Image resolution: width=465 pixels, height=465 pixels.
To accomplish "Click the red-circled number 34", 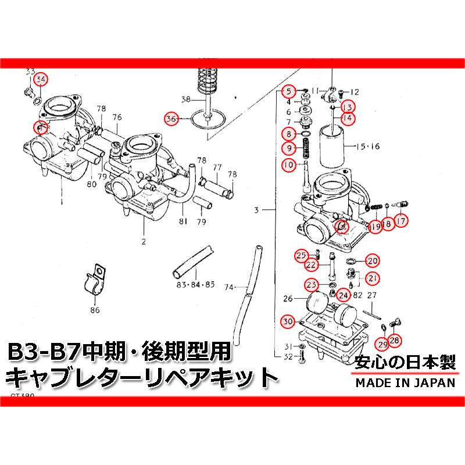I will [x=40, y=79].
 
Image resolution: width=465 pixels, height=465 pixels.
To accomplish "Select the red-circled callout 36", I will [x=171, y=119].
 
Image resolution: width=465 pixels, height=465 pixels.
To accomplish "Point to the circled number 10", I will [x=288, y=166].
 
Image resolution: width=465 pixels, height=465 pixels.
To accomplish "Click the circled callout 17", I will [x=400, y=220].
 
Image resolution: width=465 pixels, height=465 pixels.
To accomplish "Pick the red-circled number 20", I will [x=373, y=261].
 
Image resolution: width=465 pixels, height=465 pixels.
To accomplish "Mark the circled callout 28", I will [x=395, y=341].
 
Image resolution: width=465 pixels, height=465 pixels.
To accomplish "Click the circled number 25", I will [x=301, y=255].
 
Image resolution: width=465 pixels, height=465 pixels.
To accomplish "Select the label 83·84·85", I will [x=194, y=285].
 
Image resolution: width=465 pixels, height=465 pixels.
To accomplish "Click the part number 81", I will [x=183, y=221].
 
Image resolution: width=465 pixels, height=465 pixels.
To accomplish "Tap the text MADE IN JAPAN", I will [x=405, y=382].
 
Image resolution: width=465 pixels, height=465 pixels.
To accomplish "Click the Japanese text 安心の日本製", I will [x=405, y=362].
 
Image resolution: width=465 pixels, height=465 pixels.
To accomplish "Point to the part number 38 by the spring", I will [x=185, y=98].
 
